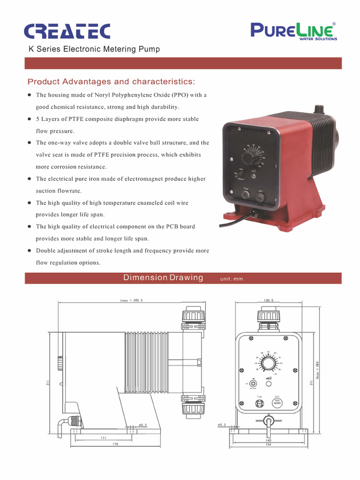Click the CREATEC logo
point(67,31)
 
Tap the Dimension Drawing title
point(163,277)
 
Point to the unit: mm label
point(232,279)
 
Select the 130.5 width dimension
point(269,300)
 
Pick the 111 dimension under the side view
point(104,437)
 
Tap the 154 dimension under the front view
point(269,444)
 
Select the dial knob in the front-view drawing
point(269,363)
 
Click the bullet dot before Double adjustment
point(29,251)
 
